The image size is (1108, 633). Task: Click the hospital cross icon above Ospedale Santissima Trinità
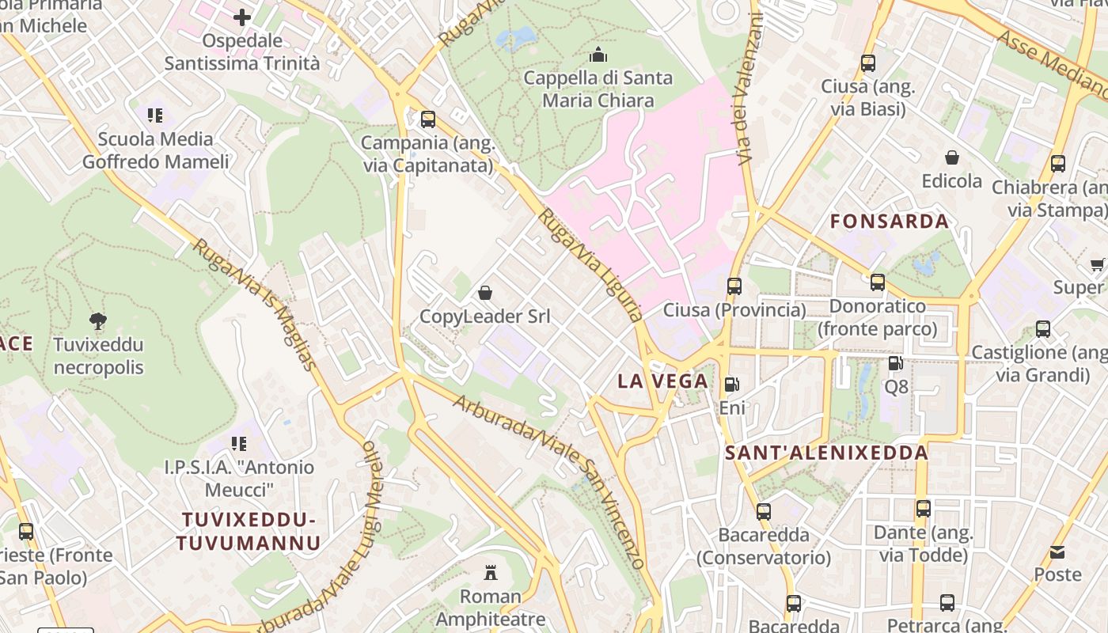(242, 17)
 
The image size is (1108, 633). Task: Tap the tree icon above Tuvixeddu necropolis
(98, 321)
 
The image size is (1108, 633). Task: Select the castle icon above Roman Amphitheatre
(491, 572)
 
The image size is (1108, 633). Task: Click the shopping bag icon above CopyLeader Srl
(485, 294)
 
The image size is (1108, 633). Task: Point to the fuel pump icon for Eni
(732, 385)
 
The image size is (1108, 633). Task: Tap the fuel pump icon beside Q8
(895, 363)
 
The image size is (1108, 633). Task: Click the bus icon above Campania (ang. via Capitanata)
(428, 119)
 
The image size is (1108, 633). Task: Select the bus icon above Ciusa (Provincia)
(734, 286)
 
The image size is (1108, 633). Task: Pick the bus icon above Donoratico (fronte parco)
(877, 282)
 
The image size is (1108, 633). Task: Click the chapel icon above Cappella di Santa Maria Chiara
(598, 55)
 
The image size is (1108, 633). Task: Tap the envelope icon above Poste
(1057, 552)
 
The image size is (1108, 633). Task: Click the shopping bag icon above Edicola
(952, 157)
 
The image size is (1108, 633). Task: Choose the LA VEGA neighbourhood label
(662, 381)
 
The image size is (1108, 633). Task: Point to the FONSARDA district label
(889, 222)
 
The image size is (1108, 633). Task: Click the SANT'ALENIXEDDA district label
(826, 453)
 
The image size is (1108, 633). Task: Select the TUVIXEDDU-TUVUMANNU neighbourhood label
(249, 532)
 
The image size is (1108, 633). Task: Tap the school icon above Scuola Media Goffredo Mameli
(155, 116)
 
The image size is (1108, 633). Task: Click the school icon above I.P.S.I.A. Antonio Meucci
(238, 444)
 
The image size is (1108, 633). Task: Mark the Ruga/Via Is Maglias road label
(254, 305)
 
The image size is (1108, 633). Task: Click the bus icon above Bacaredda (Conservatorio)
(763, 511)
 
